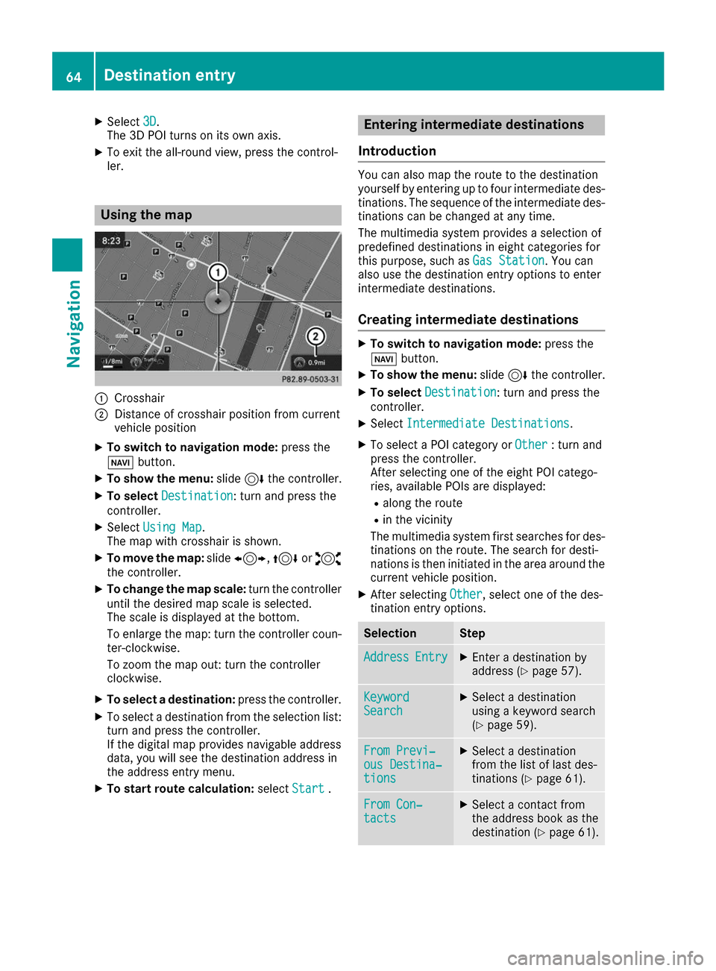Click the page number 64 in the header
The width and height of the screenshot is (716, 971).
(x=73, y=76)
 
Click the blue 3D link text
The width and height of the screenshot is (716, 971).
(x=149, y=122)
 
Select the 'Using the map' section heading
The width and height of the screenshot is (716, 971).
(x=146, y=215)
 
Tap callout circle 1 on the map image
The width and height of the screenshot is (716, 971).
(x=217, y=272)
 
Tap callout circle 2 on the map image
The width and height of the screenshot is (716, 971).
(x=315, y=336)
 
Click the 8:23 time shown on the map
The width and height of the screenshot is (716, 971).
(x=111, y=240)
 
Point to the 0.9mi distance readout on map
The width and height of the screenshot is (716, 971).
(x=316, y=362)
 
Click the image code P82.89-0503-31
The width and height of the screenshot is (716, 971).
(x=310, y=379)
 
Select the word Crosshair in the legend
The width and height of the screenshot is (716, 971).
(x=139, y=398)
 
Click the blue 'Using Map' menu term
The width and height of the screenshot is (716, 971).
(x=172, y=527)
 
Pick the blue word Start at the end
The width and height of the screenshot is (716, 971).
(x=308, y=788)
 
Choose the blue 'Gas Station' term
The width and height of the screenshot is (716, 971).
(x=509, y=260)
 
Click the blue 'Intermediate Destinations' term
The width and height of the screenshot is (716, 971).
(x=488, y=424)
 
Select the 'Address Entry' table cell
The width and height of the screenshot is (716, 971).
(x=405, y=657)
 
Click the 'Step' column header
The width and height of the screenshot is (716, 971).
(x=472, y=633)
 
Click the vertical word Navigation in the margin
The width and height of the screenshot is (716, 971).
(x=73, y=324)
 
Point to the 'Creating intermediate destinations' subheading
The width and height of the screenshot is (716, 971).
(x=468, y=320)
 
